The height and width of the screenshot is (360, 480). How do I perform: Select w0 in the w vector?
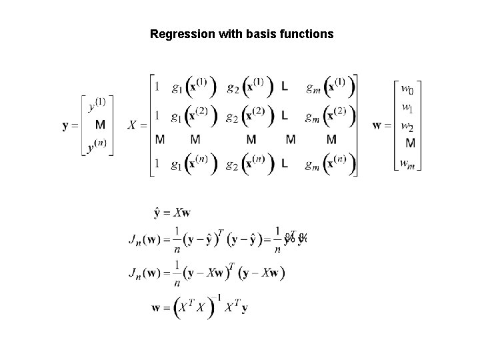point(407,89)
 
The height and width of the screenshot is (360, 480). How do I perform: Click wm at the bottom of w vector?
point(407,163)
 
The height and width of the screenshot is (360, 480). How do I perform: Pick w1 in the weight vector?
point(407,107)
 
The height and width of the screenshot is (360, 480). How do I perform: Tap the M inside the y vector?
point(100,125)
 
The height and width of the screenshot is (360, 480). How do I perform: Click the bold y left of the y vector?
point(67,125)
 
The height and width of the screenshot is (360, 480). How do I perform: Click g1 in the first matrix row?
point(177,87)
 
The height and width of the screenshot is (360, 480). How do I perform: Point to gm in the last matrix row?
point(312,164)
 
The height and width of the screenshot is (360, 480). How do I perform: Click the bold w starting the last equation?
point(155,308)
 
